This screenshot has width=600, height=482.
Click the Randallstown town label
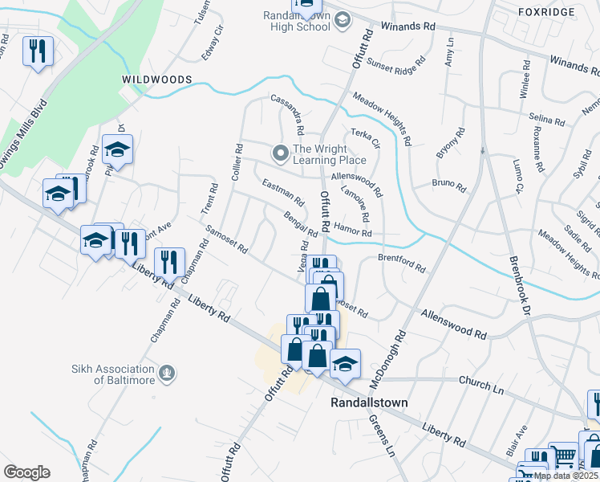click(x=370, y=402)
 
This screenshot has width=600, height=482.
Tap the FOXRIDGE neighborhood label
click(x=546, y=12)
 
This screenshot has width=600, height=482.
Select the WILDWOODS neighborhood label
click(x=156, y=80)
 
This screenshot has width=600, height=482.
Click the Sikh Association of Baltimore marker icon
click(x=166, y=372)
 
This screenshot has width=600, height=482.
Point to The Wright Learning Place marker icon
click(x=280, y=152)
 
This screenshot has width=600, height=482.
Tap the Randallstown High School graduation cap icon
click(x=343, y=19)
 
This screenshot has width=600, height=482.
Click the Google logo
click(x=26, y=472)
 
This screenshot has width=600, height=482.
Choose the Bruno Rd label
click(x=449, y=186)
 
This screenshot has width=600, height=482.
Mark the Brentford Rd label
click(x=401, y=263)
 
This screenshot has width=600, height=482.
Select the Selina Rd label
click(x=548, y=120)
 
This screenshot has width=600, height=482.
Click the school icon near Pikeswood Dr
click(x=117, y=150)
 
